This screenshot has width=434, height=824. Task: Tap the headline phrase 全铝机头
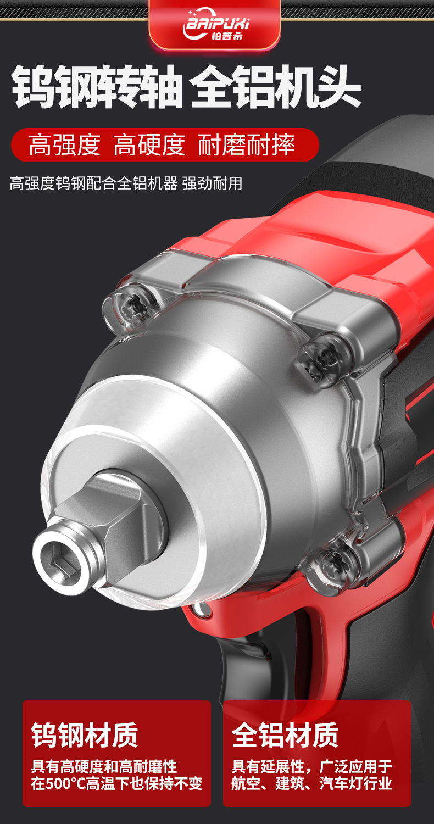pos(276,87)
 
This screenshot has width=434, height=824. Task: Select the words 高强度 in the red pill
pos(65,145)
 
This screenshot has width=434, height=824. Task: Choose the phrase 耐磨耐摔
pos(247,145)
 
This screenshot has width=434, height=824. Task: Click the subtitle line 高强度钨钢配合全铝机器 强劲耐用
pos(126,183)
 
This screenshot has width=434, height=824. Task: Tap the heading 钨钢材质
pos(85,734)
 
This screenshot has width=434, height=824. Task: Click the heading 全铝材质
pos(285,734)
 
